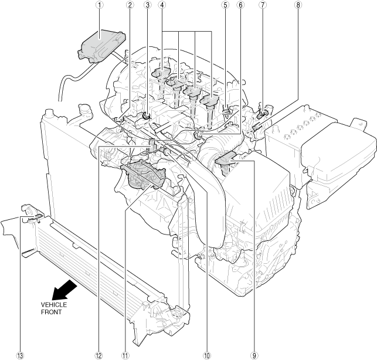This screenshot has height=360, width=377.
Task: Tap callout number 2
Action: [130, 5]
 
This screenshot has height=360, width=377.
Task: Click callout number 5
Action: [225, 5]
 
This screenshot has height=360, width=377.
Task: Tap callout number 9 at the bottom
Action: [254, 355]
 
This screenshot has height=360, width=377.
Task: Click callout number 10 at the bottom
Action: [206, 355]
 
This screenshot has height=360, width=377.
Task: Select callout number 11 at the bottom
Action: [124, 355]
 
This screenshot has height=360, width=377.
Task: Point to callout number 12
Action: [97, 355]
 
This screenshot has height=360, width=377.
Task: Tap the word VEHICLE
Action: [53, 305]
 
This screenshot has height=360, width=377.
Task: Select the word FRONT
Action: [51, 313]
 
